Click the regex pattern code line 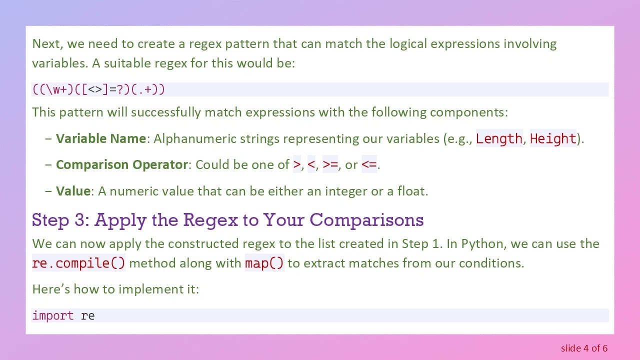point(98,89)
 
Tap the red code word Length point(498,138)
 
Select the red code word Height point(553,138)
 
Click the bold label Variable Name point(101,138)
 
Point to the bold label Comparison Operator point(121,164)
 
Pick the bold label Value point(73,191)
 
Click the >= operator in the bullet point(330,164)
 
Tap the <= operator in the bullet point(369,164)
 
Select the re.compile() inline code point(78,263)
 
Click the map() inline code point(264,263)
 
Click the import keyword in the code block point(53,315)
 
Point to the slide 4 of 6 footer point(584,348)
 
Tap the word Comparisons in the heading point(366,220)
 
